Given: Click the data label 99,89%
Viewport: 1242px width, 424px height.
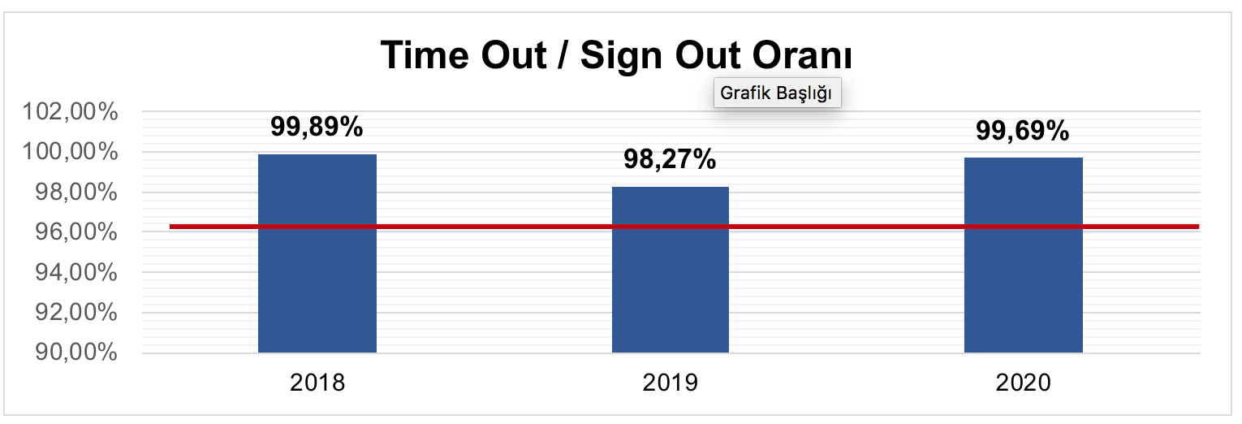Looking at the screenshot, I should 317,128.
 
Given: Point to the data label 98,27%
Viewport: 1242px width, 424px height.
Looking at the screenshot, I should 670,160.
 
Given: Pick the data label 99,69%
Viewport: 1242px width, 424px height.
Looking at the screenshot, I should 1023,131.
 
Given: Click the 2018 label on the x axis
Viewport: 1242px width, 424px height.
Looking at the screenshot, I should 317,383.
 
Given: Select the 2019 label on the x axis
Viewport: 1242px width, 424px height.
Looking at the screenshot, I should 670,383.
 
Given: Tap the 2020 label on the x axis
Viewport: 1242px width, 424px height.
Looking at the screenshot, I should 1023,383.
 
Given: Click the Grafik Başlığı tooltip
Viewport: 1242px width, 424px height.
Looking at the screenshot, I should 777,93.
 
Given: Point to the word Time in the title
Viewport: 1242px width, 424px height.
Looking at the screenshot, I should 427,55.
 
